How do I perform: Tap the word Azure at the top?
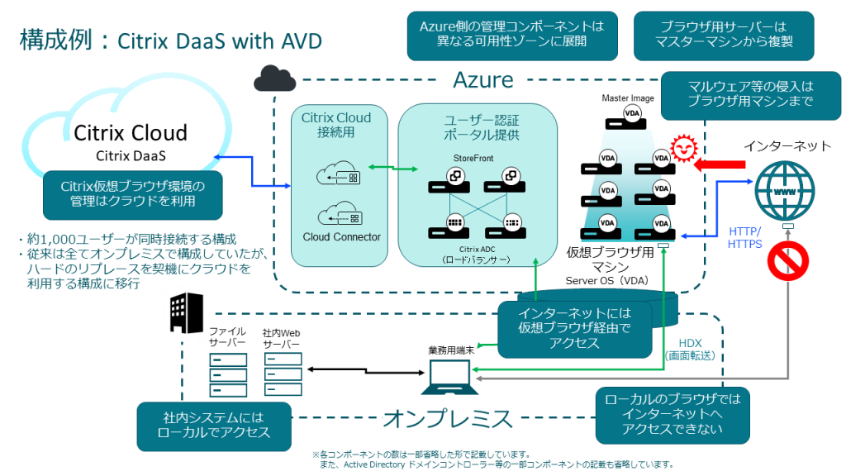click(x=483, y=79)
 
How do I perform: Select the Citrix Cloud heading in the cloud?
click(x=131, y=132)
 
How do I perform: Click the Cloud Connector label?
click(x=341, y=237)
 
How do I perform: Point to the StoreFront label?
click(x=473, y=157)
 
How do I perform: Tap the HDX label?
click(x=690, y=342)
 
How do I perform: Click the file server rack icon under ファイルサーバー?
click(x=228, y=374)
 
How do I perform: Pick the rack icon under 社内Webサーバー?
click(x=282, y=374)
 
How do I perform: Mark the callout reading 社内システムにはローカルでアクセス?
click(x=213, y=426)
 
